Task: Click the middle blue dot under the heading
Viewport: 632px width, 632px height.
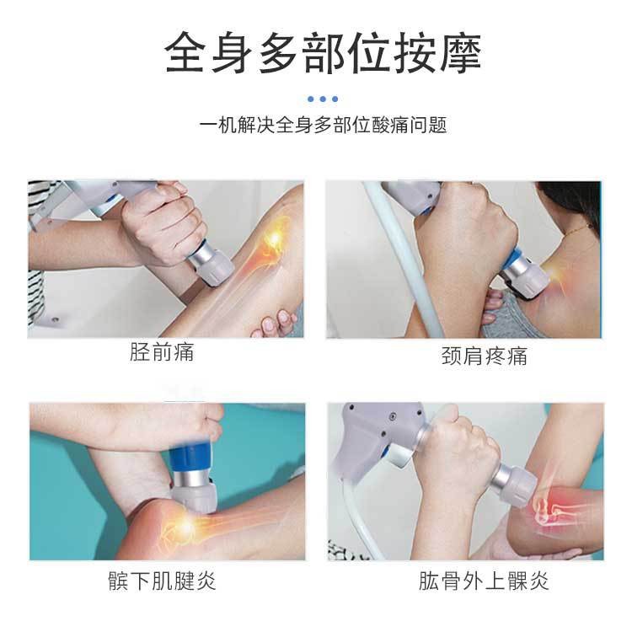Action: pos(323,99)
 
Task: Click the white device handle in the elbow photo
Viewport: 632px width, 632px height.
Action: pos(371,438)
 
